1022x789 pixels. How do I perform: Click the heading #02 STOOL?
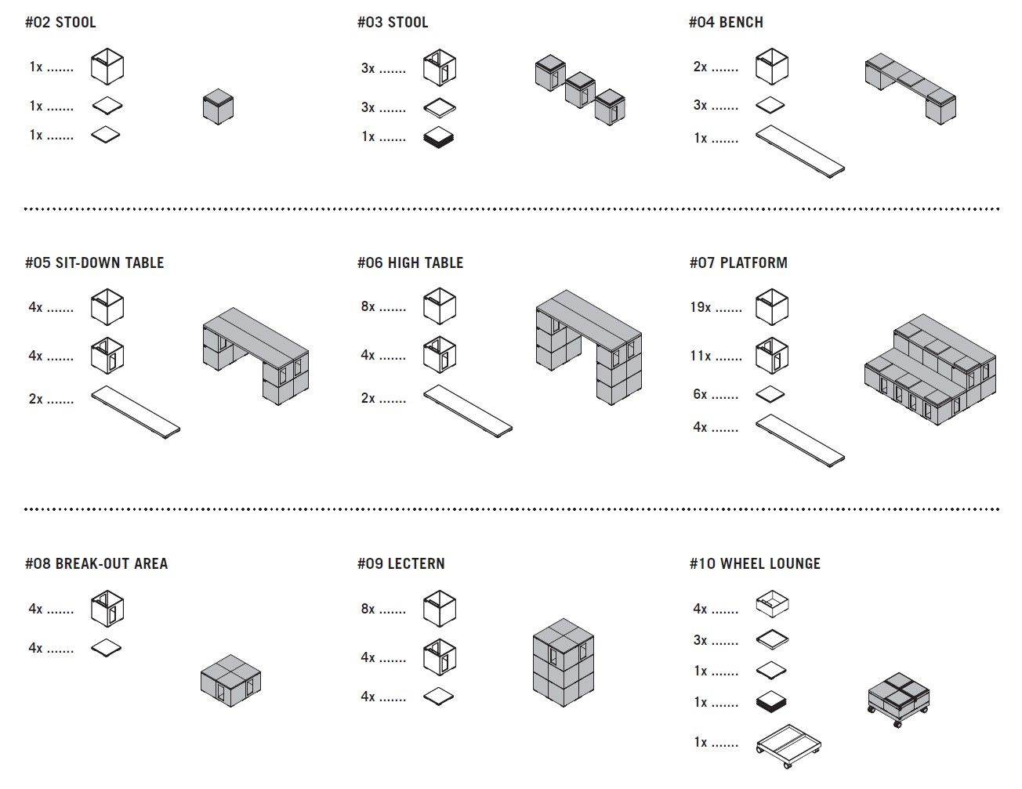60,23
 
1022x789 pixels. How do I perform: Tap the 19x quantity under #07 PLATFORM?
700,307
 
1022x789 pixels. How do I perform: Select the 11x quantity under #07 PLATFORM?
700,356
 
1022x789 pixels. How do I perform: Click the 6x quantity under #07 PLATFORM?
700,394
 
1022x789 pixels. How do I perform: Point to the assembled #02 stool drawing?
218,107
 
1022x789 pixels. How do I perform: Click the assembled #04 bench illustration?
910,87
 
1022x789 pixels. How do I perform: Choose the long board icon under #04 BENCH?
800,151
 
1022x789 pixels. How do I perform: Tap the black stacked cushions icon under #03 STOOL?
439,137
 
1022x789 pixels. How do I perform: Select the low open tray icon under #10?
772,604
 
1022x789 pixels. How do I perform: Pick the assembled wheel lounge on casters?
898,699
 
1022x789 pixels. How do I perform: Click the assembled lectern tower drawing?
563,662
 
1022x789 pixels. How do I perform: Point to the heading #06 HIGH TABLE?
410,263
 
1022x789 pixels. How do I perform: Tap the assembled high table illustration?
589,346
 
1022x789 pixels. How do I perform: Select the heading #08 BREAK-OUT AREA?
96,564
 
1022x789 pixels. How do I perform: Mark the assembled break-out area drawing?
230,679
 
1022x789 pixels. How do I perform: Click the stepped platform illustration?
930,368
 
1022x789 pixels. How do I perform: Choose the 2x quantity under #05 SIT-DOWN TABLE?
35,399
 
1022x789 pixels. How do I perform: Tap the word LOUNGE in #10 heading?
795,564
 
